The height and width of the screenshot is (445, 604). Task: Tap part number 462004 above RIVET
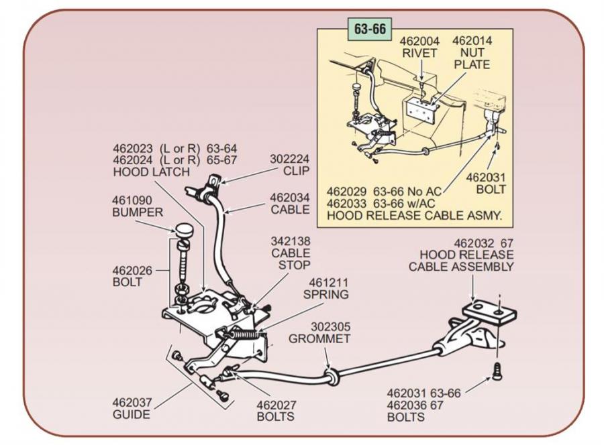[420, 41]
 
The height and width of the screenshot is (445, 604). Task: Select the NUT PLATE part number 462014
[472, 41]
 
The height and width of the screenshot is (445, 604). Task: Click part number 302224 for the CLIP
[289, 159]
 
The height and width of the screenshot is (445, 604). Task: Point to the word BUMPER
[137, 212]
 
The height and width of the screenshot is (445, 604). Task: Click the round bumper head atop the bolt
[183, 231]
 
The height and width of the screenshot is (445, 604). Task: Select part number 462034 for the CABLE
[290, 198]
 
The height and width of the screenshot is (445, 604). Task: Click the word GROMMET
[319, 338]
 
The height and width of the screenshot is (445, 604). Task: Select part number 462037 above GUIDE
[132, 403]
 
